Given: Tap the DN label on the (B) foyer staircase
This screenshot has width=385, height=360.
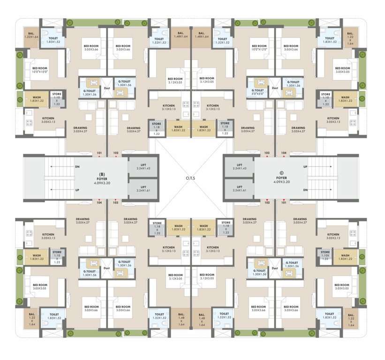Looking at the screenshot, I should coord(77,166).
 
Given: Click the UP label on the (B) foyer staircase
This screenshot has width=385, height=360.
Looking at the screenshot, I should coord(77,190).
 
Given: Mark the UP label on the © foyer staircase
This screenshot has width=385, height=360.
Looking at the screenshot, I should coord(305,166).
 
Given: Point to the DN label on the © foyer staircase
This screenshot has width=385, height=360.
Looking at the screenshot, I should coord(305,190).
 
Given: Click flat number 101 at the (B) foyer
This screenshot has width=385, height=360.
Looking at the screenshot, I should coord(99,153).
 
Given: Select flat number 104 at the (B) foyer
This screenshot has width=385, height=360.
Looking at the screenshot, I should coord(99,202).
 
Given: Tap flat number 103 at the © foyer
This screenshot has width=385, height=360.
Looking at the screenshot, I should coord(267,153).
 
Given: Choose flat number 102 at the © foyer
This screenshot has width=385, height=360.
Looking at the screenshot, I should coord(267,202).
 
